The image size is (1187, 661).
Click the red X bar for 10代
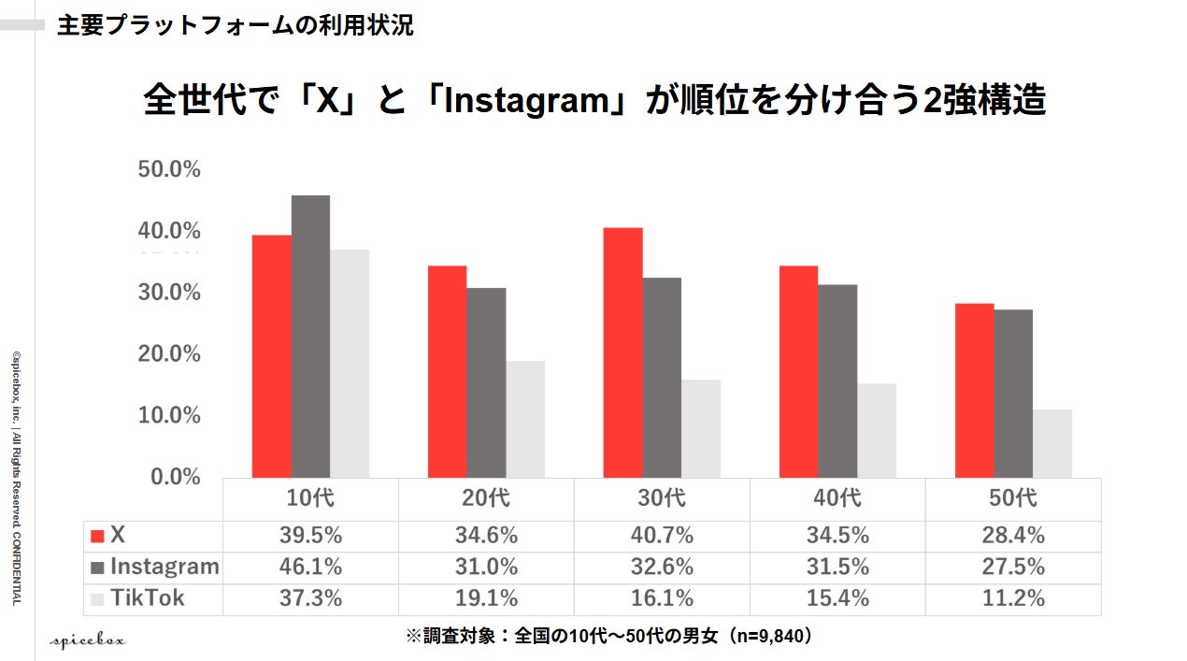click(272, 356)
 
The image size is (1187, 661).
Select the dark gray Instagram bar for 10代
click(310, 337)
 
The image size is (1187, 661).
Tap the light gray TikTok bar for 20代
click(525, 419)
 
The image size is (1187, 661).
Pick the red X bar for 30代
click(623, 352)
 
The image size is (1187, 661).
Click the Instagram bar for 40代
click(837, 381)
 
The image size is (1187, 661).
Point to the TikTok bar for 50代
click(1052, 444)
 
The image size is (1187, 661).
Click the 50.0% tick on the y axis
click(169, 169)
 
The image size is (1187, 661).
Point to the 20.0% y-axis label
click(169, 353)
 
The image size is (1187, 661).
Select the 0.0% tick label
click(176, 477)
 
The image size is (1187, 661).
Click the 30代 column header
click(662, 497)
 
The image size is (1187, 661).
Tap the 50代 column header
click(1013, 497)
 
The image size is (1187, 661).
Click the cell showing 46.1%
click(310, 567)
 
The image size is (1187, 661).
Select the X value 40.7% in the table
click(662, 536)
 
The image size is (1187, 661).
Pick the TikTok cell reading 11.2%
click(1013, 598)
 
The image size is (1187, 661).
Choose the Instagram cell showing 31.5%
click(837, 567)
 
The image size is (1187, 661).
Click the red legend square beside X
click(97, 536)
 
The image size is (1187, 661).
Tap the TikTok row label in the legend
click(148, 598)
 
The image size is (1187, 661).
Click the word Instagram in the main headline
click(527, 100)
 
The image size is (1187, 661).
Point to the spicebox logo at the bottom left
click(88, 641)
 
